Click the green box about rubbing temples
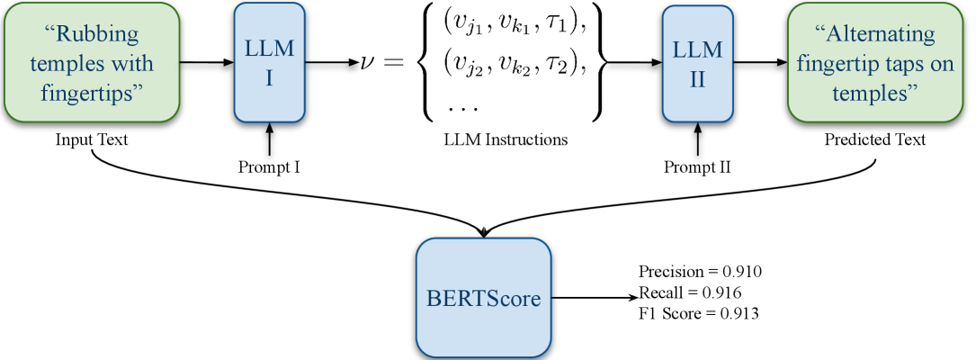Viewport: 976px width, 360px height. pyautogui.click(x=90, y=62)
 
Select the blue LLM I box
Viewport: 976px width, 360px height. pyautogui.click(x=269, y=62)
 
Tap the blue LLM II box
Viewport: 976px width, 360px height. pyautogui.click(x=697, y=62)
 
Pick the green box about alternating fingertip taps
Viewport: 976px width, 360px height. pyautogui.click(x=874, y=62)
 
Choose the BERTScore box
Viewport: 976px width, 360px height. pyautogui.click(x=483, y=298)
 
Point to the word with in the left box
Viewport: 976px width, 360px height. pyautogui.click(x=134, y=64)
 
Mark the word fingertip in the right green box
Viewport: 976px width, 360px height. pyautogui.click(x=836, y=64)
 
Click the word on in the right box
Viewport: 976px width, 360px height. pyautogui.click(x=941, y=64)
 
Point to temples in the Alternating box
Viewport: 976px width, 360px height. pyautogui.click(x=875, y=93)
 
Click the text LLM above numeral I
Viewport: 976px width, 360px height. pyautogui.click(x=269, y=49)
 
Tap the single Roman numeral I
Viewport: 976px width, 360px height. pyautogui.click(x=269, y=78)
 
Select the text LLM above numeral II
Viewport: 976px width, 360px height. pyautogui.click(x=697, y=49)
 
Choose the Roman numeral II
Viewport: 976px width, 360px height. pyautogui.click(x=697, y=78)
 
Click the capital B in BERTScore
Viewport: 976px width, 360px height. pyautogui.click(x=433, y=298)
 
